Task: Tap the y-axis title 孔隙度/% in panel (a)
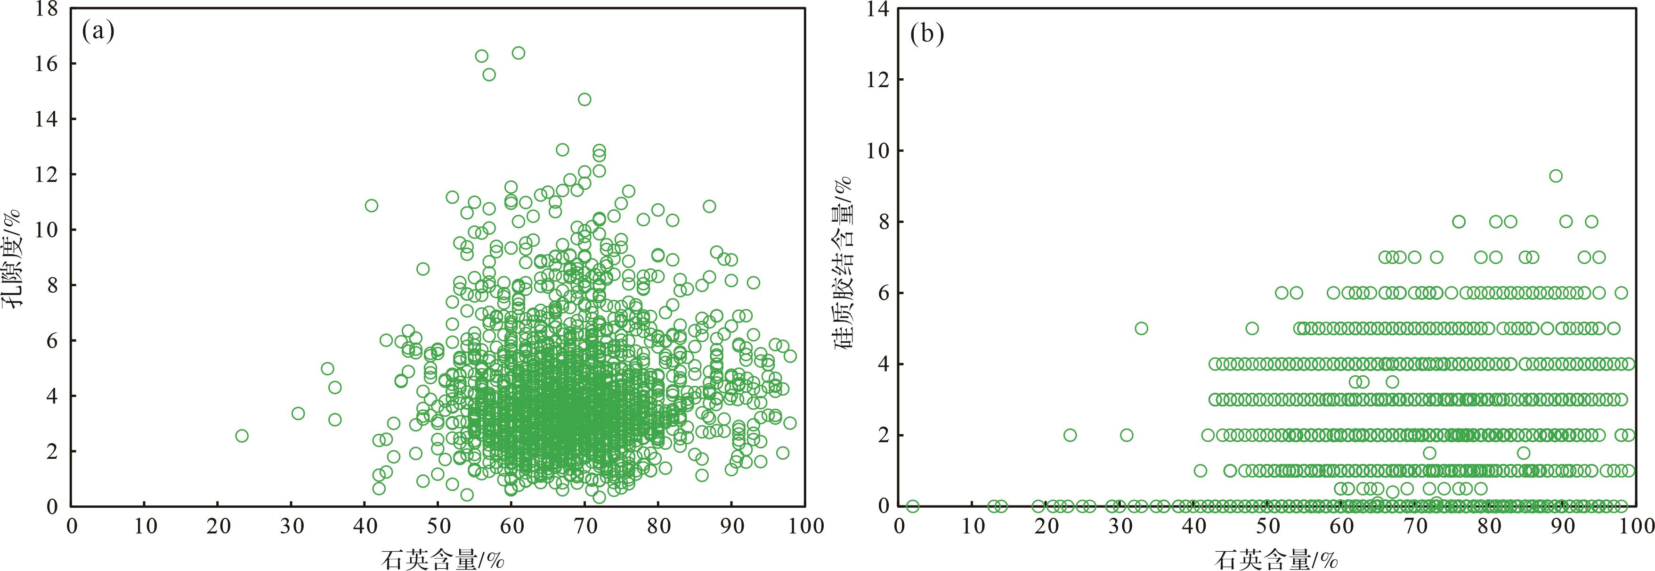14,258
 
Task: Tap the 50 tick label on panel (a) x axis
438,526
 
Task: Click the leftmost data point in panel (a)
242,436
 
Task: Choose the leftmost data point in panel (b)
913,506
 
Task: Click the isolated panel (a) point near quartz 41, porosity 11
371,206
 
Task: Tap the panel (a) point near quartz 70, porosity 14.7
584,99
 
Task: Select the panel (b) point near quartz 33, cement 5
1141,328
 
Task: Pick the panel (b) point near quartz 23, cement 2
1070,435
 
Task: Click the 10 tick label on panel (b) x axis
973,526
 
